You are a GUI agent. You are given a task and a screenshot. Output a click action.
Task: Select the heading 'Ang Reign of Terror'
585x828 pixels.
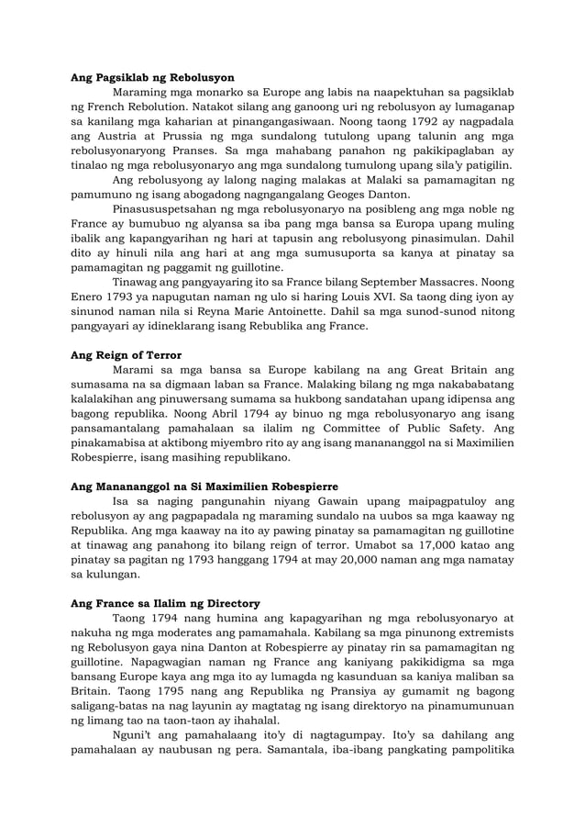point(126,354)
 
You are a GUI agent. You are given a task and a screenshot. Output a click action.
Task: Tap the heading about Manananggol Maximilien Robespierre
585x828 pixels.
point(204,486)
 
